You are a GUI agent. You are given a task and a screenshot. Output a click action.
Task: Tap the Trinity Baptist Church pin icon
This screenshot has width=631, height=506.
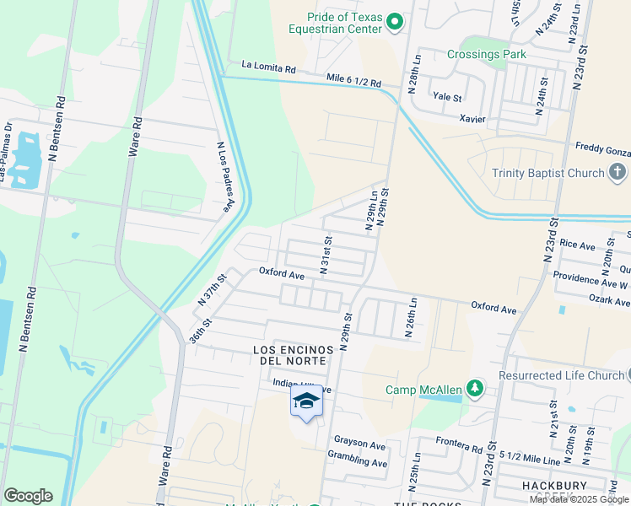618,173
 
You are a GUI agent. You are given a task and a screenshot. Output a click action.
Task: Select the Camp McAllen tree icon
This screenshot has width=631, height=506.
476,389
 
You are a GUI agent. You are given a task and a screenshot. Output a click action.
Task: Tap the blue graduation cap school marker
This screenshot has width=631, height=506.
306,401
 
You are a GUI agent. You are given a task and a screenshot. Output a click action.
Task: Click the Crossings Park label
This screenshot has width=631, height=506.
486,55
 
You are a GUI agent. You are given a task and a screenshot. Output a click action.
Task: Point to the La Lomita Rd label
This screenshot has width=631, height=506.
268,65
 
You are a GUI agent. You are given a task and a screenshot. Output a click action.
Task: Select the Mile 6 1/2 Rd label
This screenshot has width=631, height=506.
353,82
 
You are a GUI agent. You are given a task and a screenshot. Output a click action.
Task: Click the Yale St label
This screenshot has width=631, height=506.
447,98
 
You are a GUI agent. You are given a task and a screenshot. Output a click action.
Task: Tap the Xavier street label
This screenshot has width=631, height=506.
472,119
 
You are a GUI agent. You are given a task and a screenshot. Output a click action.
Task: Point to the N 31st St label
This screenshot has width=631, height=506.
324,254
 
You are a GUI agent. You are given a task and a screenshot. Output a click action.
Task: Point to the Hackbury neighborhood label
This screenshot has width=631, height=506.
527,487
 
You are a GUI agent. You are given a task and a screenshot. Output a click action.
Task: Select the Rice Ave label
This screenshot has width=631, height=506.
577,245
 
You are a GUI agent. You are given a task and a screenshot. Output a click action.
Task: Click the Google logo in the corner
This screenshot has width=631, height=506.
28,496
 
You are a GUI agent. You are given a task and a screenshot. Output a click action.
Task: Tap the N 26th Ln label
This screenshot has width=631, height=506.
413,317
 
